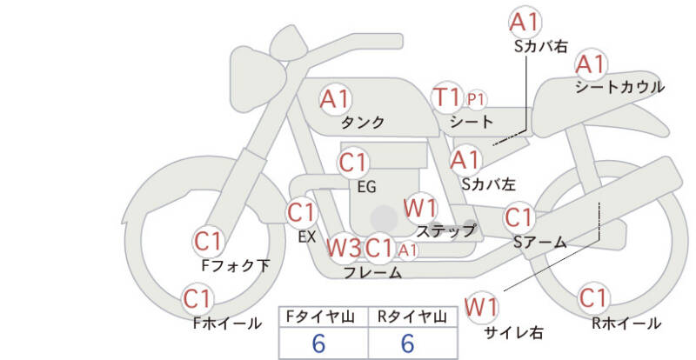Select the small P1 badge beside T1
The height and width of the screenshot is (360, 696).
coord(476,98)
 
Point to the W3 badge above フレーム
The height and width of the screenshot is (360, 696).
coord(344,248)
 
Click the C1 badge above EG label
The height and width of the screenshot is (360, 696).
coord(354,163)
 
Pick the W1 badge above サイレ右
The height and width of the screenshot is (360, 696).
coord(481,307)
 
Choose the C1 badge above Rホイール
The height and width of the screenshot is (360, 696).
coord(592,298)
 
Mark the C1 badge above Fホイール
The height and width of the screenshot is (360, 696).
coord(198,300)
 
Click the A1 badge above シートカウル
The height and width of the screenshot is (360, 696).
coord(592,63)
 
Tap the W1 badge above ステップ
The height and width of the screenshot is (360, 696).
coord(421,208)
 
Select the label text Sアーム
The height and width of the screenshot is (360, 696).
coord(539,243)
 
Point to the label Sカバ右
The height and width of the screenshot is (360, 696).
coord(540,46)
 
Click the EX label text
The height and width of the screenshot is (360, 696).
coord(306,236)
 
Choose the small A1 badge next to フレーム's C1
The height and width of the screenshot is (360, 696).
coord(408,250)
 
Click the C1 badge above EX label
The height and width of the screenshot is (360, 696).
coord(301,211)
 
